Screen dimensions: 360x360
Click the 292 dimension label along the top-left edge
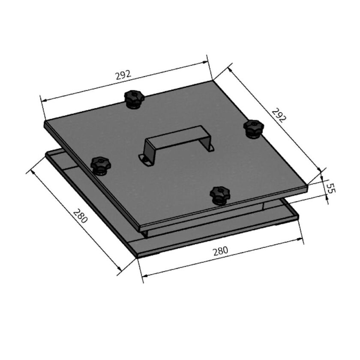[x=123, y=75]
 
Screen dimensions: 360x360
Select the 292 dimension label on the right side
[x=278, y=115]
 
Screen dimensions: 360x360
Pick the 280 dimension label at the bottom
[x=220, y=251]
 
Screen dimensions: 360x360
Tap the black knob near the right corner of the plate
[x=253, y=128]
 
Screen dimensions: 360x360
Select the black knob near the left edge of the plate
[x=100, y=165]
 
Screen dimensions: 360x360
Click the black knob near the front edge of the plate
[x=220, y=195]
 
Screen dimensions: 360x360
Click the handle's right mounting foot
[x=210, y=148]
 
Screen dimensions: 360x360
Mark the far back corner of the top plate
[x=212, y=80]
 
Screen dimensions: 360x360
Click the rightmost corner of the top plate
[x=308, y=185]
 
